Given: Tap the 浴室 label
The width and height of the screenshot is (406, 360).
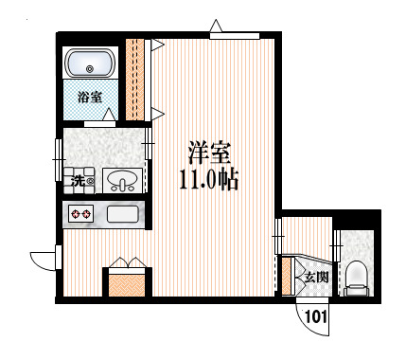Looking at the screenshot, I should pos(90,95).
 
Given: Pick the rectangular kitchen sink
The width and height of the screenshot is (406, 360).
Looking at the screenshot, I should pos(123,214).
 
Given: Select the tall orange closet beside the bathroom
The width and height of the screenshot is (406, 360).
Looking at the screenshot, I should pos(138,79).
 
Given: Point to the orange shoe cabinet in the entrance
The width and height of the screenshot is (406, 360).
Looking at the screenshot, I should pos(287,277).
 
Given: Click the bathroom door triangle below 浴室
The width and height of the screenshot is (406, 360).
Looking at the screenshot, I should pos(108,117).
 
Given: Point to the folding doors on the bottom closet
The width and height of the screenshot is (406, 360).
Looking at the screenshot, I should pos(126,263).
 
